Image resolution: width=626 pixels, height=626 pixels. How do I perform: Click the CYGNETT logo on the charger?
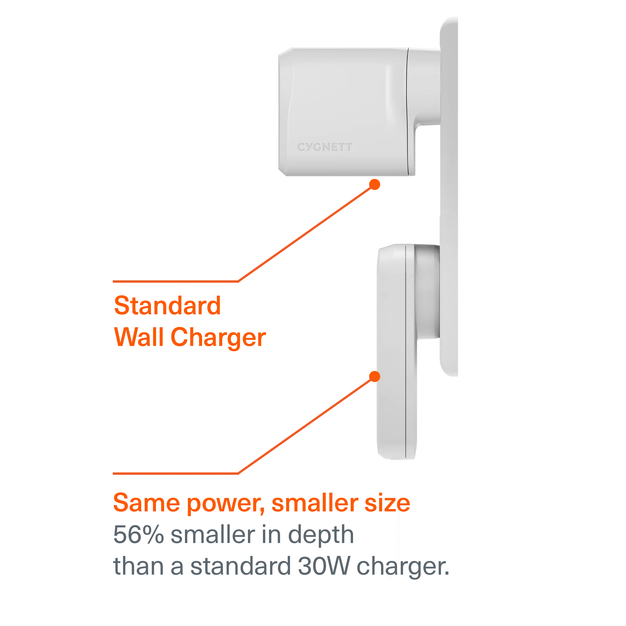324,147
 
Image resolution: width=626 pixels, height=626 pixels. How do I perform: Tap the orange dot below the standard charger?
375,184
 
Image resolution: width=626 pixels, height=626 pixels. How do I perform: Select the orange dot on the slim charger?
375,376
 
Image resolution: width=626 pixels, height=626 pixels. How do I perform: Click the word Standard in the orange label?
168,306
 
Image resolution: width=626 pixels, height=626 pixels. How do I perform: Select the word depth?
321,535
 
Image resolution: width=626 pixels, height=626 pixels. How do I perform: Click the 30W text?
324,566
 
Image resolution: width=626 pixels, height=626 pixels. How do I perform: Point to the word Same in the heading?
146,502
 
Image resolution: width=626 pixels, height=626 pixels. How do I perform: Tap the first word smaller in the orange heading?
314,502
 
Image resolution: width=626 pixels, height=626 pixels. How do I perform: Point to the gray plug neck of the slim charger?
428,292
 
